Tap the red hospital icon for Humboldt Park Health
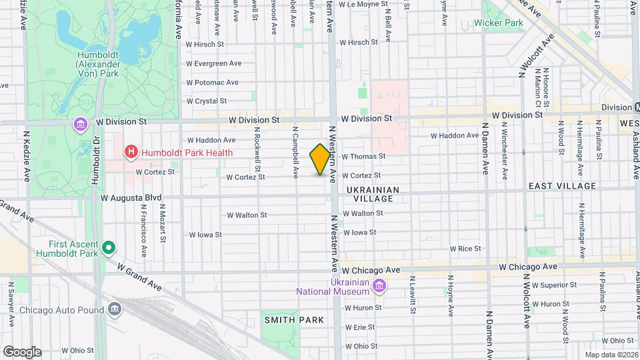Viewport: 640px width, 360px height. (x=131, y=153)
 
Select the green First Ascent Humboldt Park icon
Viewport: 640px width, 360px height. (x=109, y=249)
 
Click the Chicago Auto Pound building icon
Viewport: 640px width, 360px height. (x=115, y=310)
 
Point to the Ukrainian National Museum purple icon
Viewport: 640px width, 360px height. (x=379, y=287)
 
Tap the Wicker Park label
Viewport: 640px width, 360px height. (x=498, y=22)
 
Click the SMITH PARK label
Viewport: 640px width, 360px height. (x=293, y=320)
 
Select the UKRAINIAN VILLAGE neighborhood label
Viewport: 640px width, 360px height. (x=373, y=194)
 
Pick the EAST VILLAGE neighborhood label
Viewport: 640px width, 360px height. (x=562, y=185)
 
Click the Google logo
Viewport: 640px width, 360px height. (x=22, y=352)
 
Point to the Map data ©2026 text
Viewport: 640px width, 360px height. (x=611, y=355)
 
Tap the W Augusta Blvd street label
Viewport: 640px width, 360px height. (x=131, y=198)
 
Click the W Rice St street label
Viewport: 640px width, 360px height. (x=465, y=249)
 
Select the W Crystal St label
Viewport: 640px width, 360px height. (x=206, y=101)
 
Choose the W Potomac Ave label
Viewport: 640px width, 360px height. (x=212, y=83)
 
